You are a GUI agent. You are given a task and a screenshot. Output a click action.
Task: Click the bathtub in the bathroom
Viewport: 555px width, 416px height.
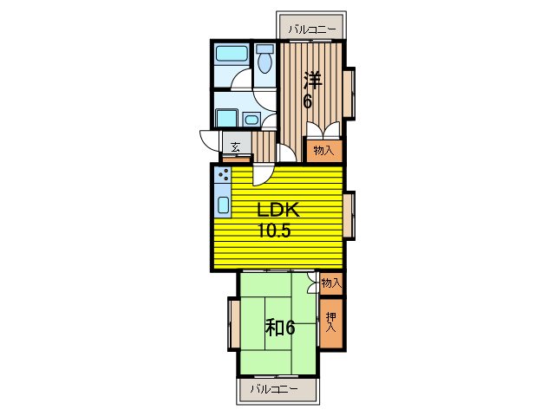click(x=232, y=53)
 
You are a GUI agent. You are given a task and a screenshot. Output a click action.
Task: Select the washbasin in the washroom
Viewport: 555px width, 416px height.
click(x=251, y=120)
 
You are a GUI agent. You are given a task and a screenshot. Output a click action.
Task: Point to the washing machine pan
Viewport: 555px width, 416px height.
click(x=226, y=118)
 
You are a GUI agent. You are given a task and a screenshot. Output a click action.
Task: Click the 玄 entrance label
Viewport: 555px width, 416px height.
click(x=235, y=146)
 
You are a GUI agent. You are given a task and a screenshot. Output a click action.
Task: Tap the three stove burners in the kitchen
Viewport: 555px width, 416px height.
click(x=224, y=174)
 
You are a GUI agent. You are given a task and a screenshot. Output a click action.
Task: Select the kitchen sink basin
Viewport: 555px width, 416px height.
click(x=223, y=205)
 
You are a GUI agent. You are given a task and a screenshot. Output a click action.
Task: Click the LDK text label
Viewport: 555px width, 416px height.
click(x=278, y=210)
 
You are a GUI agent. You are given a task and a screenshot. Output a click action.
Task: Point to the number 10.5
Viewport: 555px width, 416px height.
click(x=274, y=231)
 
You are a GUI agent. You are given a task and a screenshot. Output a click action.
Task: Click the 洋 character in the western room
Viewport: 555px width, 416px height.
click(x=312, y=81)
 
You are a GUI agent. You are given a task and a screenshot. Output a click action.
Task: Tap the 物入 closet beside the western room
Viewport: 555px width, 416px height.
click(x=323, y=151)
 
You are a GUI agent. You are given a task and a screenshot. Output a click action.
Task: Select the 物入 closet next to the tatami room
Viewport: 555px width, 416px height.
click(x=331, y=283)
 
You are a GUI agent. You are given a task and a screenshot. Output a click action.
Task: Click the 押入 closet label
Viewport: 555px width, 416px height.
click(x=331, y=322)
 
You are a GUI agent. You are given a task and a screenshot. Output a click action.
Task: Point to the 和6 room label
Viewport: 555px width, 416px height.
click(x=280, y=328)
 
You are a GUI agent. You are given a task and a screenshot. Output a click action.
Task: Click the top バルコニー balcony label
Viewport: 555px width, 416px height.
click(x=311, y=29)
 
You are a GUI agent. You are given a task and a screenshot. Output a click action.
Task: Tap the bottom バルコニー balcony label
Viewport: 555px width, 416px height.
click(x=274, y=389)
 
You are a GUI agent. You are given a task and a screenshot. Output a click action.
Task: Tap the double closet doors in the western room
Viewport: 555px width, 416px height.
click(x=323, y=130)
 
